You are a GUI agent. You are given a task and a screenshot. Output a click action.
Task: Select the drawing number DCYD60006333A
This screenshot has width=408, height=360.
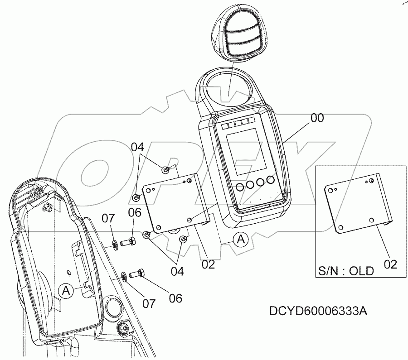317,311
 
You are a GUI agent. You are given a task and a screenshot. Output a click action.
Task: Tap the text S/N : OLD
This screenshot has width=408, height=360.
346,271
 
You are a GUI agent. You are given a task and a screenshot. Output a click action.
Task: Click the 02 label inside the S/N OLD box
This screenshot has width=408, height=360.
390,264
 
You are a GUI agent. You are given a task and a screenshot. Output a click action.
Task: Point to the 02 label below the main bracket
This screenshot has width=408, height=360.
208,264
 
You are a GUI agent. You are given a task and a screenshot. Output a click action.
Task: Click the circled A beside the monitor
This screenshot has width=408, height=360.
241,239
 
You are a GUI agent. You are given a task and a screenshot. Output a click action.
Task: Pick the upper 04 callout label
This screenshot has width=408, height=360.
138,147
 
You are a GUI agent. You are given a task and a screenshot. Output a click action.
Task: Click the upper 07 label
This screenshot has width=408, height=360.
108,218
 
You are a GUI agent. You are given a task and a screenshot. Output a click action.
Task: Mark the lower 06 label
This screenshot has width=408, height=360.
175,298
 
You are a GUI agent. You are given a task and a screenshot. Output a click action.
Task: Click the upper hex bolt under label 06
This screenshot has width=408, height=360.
128,242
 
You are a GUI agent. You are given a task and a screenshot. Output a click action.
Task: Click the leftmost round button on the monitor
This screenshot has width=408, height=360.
238,187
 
